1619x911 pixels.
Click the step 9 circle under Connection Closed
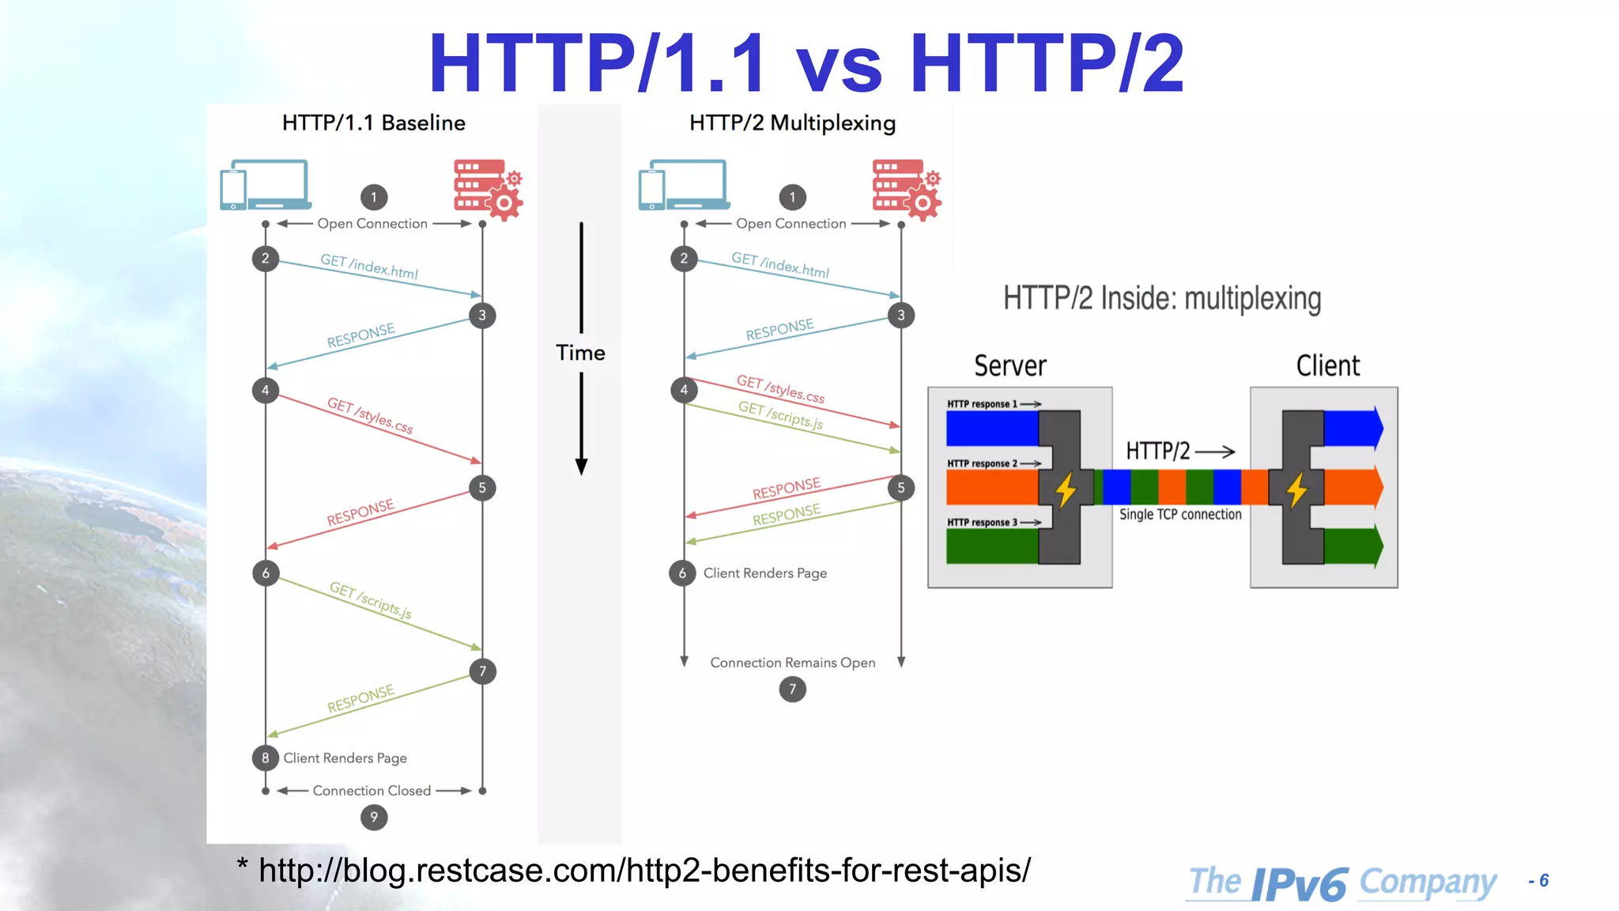(374, 817)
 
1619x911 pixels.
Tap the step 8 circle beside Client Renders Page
(266, 758)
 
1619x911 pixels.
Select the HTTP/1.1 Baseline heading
(374, 123)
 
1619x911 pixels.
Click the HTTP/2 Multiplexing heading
(792, 123)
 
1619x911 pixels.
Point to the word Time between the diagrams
(580, 353)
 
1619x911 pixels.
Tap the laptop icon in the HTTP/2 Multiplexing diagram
(684, 185)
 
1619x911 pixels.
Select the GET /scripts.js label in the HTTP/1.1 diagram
(370, 600)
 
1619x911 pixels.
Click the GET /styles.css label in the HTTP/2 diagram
(780, 389)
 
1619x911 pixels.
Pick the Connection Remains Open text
(792, 663)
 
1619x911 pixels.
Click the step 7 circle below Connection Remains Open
(792, 690)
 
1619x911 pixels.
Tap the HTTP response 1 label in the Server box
(983, 404)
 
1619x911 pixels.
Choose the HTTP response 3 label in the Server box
(983, 523)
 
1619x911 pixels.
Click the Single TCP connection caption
(1180, 515)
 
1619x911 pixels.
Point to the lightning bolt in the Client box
(1296, 490)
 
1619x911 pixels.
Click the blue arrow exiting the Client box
(1353, 428)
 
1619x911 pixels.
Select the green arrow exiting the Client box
(1353, 546)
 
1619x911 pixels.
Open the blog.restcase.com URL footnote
(644, 871)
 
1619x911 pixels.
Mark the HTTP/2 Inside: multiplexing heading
(1162, 299)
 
